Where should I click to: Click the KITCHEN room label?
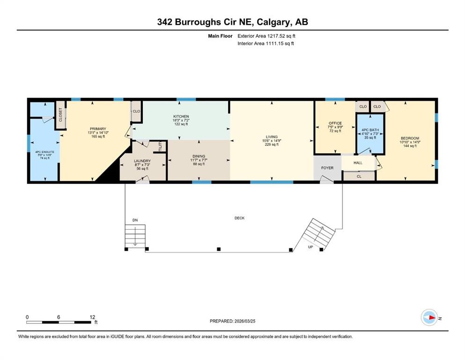tap(181, 116)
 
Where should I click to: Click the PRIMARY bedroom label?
tap(98, 129)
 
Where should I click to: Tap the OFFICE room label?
tap(335, 123)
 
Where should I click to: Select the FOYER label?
tap(327, 168)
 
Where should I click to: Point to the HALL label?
tap(358, 163)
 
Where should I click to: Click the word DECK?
tap(240, 218)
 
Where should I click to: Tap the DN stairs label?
tap(135, 220)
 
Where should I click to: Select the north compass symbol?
tap(429, 317)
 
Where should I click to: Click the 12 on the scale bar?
tap(92, 317)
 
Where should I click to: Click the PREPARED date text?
tap(232, 321)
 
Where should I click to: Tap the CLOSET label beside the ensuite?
tap(60, 115)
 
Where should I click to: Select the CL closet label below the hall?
tap(359, 176)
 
